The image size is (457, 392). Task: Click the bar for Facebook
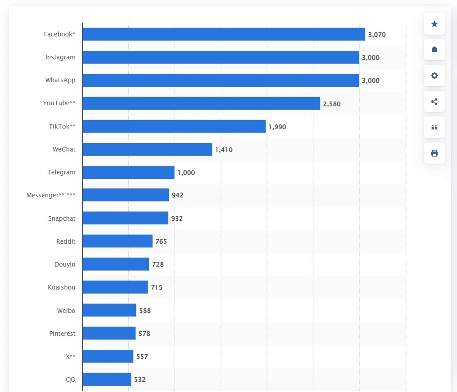coord(224,34)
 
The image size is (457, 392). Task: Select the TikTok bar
coord(174,126)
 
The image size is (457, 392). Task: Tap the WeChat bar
coord(147,149)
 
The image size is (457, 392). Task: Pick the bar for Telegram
coord(128,173)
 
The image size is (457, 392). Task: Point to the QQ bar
coord(107,379)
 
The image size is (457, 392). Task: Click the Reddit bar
coord(118,241)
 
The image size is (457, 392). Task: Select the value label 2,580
coord(332,104)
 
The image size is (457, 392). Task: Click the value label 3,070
coord(377,35)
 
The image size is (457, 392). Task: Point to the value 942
coord(177,195)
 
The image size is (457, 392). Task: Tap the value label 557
coord(142,356)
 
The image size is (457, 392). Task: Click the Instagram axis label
coord(60,57)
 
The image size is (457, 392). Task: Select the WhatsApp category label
coord(60,80)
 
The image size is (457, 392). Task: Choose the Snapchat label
coord(62,218)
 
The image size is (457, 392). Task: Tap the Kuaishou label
coord(62,287)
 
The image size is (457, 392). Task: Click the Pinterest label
coord(62,334)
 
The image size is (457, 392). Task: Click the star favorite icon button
coord(434,24)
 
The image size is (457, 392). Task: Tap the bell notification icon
coord(434,50)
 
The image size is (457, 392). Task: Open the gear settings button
coord(434,76)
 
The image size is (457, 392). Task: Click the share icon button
coord(434,102)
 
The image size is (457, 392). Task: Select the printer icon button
coord(434,153)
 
